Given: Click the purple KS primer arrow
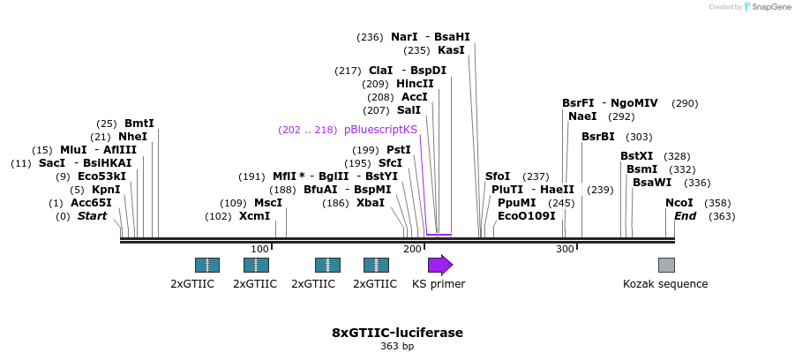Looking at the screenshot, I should point(439,265).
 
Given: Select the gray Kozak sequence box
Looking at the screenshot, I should point(666,265).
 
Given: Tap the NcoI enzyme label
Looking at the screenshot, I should point(679,203).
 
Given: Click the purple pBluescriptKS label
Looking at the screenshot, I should point(381,129).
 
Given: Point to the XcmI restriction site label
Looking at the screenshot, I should point(254,215).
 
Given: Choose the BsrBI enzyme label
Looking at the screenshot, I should point(598,137).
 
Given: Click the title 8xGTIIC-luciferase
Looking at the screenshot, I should point(397,333).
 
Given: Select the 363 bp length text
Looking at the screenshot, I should point(397,347).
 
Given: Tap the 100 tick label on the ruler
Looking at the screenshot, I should point(259,250).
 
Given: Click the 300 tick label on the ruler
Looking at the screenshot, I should point(565,250).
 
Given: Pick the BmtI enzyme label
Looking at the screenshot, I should point(139,124).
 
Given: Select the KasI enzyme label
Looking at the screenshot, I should point(451,50).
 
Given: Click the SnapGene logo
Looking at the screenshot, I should point(764,7).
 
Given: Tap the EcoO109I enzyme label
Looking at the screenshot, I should point(527,216).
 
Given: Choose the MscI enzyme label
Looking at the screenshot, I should point(267,202).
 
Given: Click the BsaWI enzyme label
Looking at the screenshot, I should point(652,183).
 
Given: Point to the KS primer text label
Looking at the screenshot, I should point(439,284).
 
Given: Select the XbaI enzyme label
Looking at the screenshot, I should point(371,202).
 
